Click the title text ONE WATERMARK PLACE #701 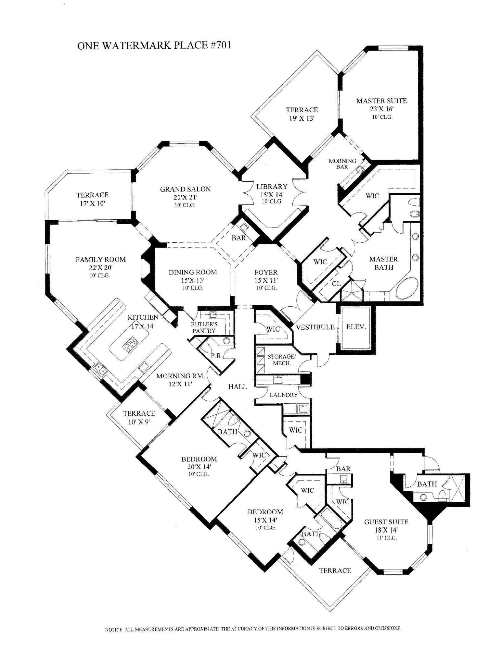pos(154,45)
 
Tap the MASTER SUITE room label pos(381,101)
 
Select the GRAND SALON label pos(185,189)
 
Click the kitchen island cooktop pos(130,345)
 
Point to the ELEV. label pos(356,327)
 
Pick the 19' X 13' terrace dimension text pos(302,118)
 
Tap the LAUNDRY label pos(283,395)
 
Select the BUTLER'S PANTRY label pos(204,328)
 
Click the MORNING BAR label pos(342,164)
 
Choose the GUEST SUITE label pos(386,522)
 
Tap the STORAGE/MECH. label pos(281,360)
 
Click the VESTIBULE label pos(315,327)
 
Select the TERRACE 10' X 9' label pos(139,417)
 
